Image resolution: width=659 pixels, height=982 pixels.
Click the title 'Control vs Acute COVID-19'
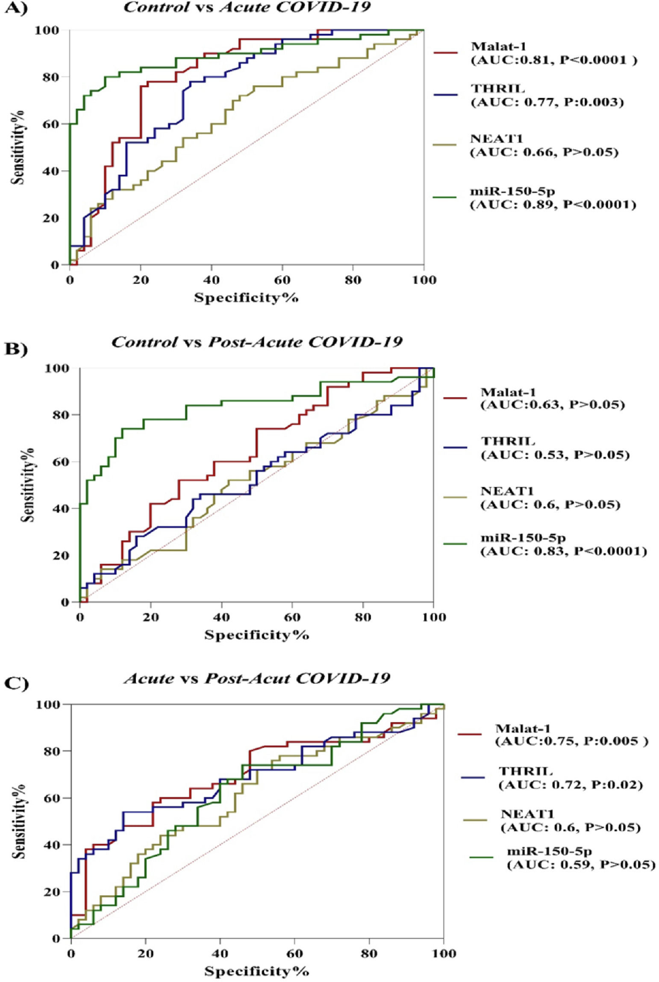point(247,8)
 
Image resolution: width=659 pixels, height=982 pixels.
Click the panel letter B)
point(16,349)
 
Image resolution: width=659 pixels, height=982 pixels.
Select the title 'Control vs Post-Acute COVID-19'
point(256,342)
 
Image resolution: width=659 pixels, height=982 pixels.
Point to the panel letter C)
point(16,684)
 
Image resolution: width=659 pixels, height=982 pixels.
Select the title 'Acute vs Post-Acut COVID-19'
point(256,678)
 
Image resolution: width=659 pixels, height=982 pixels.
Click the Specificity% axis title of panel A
point(246,297)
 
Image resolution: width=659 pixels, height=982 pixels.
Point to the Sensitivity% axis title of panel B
point(28,485)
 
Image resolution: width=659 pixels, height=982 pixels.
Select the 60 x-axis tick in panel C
point(294,954)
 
